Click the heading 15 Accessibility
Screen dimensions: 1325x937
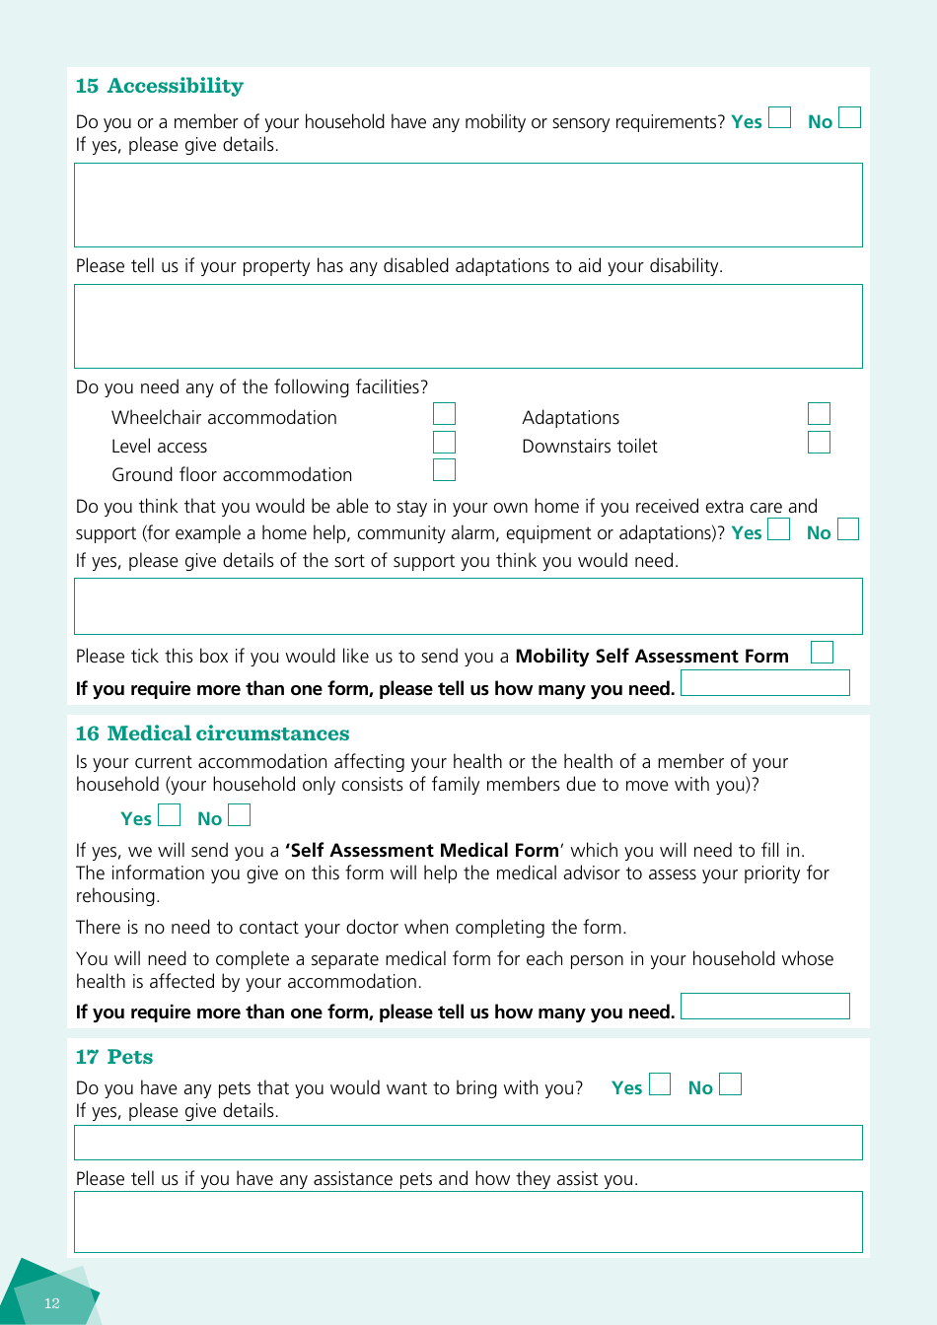click(159, 86)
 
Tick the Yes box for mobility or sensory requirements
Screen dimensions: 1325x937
click(779, 118)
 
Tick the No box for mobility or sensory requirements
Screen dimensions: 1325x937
click(849, 118)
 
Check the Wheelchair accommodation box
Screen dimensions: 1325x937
click(444, 414)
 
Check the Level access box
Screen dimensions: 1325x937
click(444, 443)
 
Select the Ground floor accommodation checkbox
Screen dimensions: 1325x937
click(444, 470)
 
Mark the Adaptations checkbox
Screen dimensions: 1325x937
click(819, 414)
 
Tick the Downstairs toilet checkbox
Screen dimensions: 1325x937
click(819, 443)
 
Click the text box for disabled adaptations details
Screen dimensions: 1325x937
click(468, 326)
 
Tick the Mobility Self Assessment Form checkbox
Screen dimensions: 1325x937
click(822, 653)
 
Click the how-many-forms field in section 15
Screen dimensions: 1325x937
click(764, 683)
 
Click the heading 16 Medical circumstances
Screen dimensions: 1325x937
click(212, 733)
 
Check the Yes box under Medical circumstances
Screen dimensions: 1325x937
click(170, 815)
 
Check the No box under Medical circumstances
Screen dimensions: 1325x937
click(239, 815)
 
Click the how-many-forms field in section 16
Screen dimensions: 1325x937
click(764, 1007)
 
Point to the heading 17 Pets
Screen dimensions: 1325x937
click(114, 1057)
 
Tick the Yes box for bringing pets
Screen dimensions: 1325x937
click(660, 1084)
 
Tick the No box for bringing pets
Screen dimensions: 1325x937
click(730, 1084)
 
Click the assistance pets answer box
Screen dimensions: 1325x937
click(468, 1222)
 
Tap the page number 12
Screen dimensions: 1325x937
click(52, 1303)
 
